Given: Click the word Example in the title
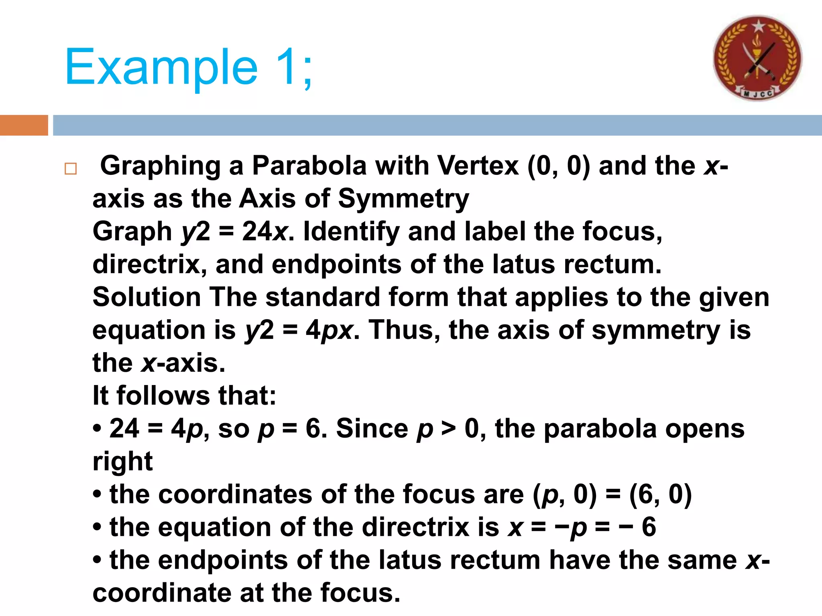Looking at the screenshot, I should (161, 67).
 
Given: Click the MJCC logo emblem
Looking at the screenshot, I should (757, 58).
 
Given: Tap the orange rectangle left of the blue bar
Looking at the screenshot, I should (24, 125).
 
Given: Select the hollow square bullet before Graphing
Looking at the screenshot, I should (71, 168).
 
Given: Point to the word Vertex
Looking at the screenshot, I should (478, 165).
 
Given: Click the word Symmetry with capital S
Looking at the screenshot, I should (403, 199).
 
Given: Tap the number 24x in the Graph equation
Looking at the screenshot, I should (265, 231).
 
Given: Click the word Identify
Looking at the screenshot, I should (351, 231).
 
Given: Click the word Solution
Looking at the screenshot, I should (146, 297).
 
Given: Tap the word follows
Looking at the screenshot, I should (163, 396).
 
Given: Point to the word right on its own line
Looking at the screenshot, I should (122, 462).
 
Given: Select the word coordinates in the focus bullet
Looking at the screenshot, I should (211, 494).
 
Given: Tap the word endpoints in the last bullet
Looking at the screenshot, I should (223, 560).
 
